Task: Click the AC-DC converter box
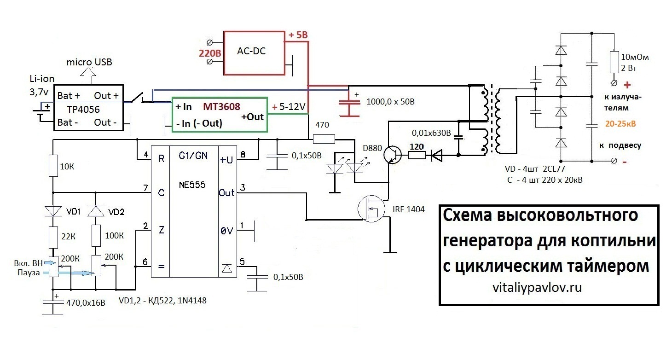tap(254, 52)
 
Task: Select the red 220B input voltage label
tap(210, 53)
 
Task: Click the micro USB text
tap(89, 62)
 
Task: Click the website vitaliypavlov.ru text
tap(537, 288)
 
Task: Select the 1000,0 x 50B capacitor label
tap(391, 101)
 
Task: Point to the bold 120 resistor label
tap(417, 146)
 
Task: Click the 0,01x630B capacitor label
tap(431, 134)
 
